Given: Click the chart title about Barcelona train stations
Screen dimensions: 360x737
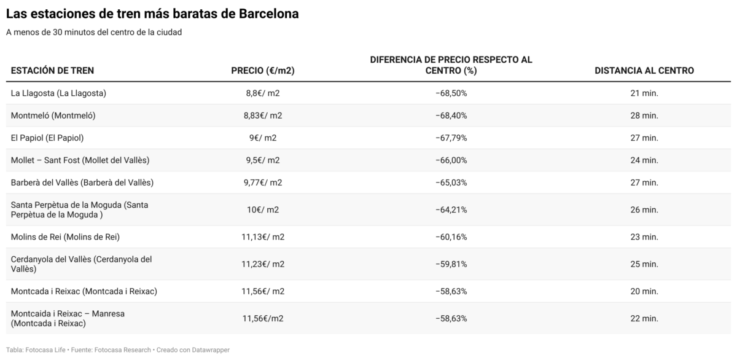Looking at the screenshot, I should click(152, 14).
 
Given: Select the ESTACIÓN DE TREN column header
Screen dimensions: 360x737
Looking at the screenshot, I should click(52, 71).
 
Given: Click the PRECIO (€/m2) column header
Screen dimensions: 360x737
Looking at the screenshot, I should click(262, 71).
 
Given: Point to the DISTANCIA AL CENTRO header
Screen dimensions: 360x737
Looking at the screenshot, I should click(644, 71).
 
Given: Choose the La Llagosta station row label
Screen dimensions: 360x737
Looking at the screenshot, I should click(59, 93).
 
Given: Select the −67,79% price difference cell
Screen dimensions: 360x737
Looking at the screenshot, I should click(451, 138).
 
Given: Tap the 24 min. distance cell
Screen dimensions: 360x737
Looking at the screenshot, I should click(644, 160).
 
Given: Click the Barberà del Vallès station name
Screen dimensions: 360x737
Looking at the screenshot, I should click(82, 182).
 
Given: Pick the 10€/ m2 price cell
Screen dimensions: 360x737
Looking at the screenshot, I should click(262, 209).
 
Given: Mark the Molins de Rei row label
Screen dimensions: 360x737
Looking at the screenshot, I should click(65, 237).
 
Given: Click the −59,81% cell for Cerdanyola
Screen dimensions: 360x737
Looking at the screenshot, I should click(451, 264).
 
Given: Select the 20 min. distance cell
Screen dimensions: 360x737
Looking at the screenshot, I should click(644, 291).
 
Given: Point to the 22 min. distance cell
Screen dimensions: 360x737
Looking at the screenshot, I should click(644, 318).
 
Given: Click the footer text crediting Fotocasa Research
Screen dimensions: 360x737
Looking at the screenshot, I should click(121, 350).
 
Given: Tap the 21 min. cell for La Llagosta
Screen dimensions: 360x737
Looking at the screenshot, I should click(644, 93).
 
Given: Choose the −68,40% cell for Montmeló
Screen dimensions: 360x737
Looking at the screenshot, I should click(451, 115).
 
